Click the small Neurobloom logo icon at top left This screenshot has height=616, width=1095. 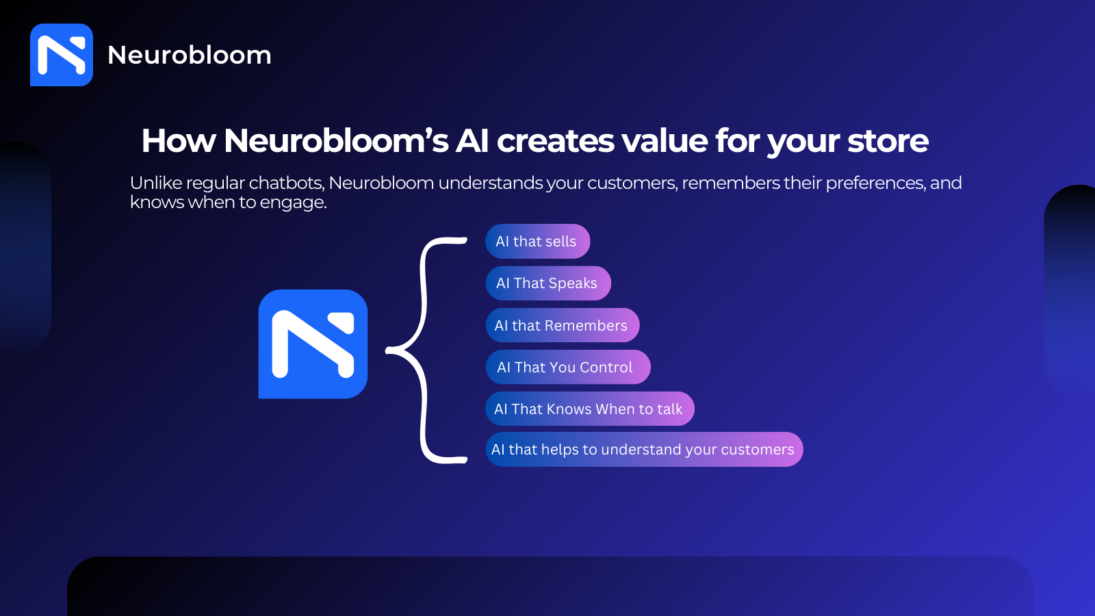coord(62,55)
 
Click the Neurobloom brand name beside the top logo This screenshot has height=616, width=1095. coord(189,55)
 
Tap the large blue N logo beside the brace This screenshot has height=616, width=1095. coord(313,344)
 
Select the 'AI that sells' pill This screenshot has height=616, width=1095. coord(538,241)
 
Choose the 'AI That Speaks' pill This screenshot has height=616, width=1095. coord(548,283)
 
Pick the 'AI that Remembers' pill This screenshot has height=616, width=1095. coord(563,325)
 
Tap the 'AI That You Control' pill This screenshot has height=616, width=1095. coord(568,367)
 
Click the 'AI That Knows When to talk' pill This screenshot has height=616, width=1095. coord(590,409)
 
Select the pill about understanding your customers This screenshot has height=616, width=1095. coord(644,449)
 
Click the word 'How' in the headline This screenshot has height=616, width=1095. coord(179,141)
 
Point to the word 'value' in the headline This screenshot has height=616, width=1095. coord(665,141)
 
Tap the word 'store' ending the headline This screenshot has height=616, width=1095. coord(888,142)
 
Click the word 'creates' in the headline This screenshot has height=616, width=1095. coord(555,142)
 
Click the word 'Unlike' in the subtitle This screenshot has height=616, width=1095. coord(156,183)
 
